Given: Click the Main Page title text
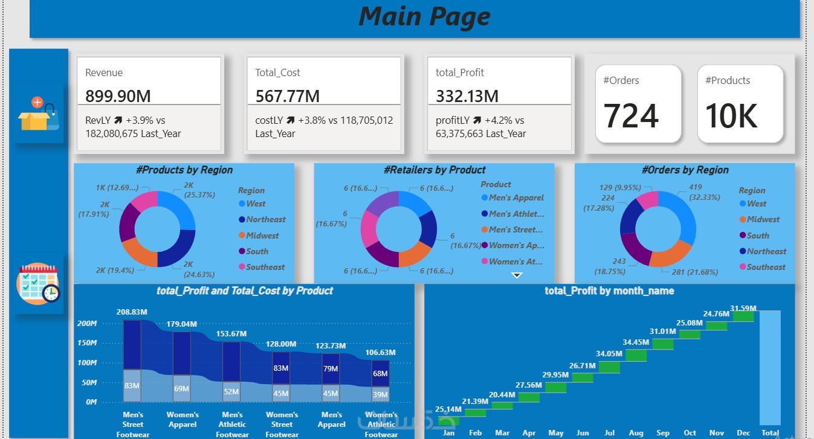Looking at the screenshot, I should (424, 16).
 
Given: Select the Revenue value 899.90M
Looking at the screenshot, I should (118, 96).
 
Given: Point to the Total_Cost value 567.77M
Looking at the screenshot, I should (287, 96).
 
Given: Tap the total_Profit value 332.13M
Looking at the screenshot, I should (467, 96).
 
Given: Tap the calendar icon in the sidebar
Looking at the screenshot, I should (38, 284).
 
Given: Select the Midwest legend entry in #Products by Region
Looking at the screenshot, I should (262, 236).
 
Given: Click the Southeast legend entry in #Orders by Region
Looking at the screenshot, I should (766, 267).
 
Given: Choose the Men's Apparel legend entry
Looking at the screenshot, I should (516, 197).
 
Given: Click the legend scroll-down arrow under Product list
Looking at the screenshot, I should (517, 275).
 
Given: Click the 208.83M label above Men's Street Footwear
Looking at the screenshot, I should (132, 312).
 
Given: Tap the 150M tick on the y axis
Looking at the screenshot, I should (87, 343).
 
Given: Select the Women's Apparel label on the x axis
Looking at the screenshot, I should (183, 420).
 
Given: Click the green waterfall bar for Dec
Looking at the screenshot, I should (743, 316).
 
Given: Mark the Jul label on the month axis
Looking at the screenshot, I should (609, 433).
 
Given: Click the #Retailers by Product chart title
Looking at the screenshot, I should (434, 170).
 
